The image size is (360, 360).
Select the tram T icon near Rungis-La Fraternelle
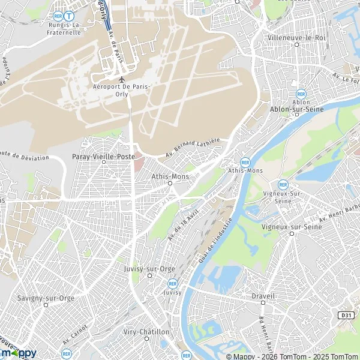point(70,16)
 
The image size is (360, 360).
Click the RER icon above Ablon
point(301,94)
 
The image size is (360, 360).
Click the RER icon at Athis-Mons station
point(245,162)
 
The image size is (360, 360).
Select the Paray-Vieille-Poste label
point(103,156)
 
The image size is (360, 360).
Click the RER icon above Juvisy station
point(173,283)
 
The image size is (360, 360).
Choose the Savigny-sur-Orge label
point(46,298)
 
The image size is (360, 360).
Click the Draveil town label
point(263,296)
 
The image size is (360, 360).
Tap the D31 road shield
point(346,315)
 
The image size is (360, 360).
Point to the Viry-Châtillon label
point(144,332)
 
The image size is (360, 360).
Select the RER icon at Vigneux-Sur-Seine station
point(282,185)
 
